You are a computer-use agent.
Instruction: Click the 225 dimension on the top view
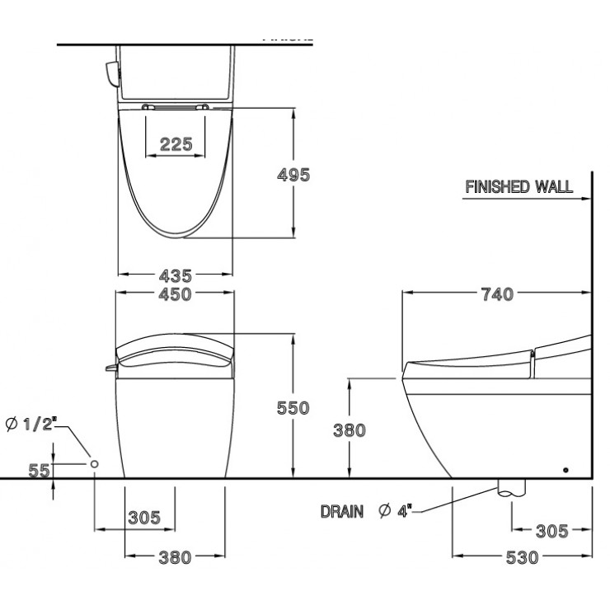[x=176, y=144]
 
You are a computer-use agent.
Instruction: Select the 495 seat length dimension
[x=293, y=175]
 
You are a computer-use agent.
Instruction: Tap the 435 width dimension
[x=176, y=275]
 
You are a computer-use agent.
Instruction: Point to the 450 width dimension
[x=176, y=294]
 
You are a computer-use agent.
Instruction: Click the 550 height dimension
[x=293, y=407]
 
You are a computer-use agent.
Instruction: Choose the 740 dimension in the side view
[x=497, y=293]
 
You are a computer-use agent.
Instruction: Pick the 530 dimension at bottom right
[x=522, y=557]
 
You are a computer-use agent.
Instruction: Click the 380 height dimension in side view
[x=350, y=429]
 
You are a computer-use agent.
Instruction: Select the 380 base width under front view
[x=175, y=557]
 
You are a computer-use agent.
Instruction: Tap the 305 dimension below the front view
[x=144, y=518]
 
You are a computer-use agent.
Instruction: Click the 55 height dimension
[x=39, y=471]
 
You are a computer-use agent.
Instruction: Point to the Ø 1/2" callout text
[x=30, y=425]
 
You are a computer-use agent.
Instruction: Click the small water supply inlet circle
[x=95, y=465]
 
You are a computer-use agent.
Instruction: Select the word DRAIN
[x=341, y=512]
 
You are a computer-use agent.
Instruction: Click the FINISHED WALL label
[x=518, y=186]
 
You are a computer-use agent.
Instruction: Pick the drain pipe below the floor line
[x=509, y=488]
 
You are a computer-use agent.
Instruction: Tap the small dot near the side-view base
[x=565, y=470]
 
